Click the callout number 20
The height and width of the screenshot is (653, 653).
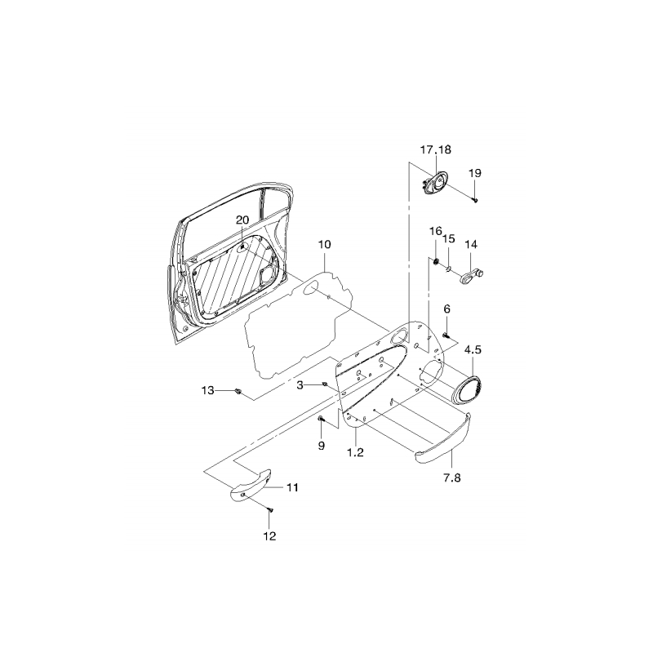242,220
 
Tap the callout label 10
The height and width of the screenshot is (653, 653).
324,244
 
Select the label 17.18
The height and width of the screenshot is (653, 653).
436,149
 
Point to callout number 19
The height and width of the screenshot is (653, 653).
475,173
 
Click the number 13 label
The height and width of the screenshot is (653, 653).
207,390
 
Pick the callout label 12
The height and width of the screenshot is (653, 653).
269,536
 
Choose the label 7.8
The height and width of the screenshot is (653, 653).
452,478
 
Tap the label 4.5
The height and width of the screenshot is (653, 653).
473,349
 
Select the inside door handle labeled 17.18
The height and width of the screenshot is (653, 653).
433,184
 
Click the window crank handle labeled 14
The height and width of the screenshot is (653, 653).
472,277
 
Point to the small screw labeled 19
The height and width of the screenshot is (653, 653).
475,200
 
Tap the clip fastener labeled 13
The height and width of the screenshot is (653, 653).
238,391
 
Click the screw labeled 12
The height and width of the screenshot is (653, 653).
270,509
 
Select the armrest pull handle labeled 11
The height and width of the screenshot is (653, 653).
251,486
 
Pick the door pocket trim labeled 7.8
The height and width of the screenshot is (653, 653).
442,439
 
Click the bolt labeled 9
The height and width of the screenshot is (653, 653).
320,419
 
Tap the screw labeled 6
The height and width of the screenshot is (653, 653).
446,335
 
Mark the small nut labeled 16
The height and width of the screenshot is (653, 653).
436,261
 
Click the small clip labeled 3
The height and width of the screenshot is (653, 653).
325,384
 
